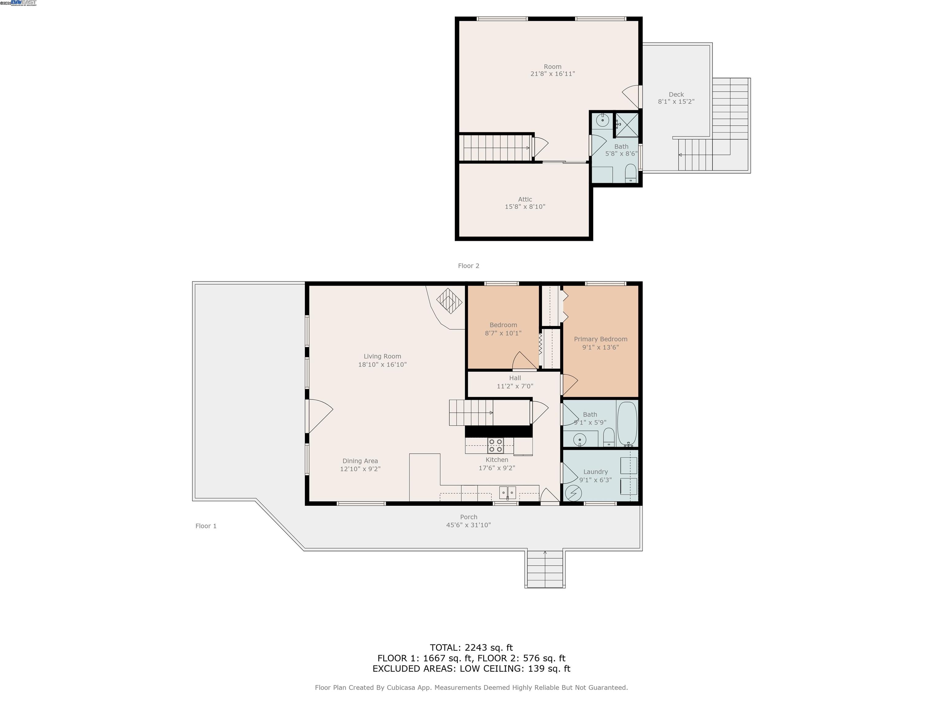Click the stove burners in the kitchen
point(495,445)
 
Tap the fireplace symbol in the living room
point(449,301)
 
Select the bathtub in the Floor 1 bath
point(627,423)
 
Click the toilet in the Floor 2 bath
point(630,173)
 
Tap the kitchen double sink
point(507,492)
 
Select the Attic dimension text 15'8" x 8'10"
point(525,207)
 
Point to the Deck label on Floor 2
point(676,95)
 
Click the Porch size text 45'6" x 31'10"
point(468,525)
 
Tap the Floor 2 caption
point(468,266)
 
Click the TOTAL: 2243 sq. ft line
point(471,648)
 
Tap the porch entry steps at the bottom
point(545,569)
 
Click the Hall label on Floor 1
point(515,378)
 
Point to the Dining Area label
point(360,461)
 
